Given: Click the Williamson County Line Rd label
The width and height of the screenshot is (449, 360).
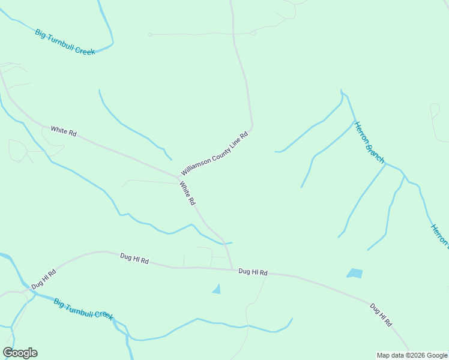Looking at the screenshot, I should coord(214,155).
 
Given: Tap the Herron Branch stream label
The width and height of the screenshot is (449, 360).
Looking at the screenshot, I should coord(369,143).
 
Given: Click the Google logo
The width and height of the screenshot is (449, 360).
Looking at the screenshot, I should coord(20,353).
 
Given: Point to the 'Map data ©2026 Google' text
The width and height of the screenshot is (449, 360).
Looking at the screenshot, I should coord(412,355).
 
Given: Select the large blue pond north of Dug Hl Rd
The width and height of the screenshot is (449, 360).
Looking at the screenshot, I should coord(355,274).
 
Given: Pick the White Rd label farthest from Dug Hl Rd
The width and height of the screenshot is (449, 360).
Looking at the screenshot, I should coord(63,130).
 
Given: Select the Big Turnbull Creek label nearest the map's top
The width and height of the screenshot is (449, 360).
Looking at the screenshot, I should coord(65,42).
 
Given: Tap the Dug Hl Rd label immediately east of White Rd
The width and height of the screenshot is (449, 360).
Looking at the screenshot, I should coord(252,272).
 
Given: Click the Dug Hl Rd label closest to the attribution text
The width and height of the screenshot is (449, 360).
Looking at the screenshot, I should coord(381,315).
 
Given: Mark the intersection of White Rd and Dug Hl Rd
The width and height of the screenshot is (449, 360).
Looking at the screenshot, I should coord(233,269).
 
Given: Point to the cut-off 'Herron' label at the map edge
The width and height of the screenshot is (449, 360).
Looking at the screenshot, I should coord(439,235).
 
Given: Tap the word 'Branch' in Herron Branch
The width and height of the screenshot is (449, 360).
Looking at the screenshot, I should coord(376,154).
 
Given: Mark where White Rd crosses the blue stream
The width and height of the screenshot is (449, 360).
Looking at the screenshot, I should coord(224,242).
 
